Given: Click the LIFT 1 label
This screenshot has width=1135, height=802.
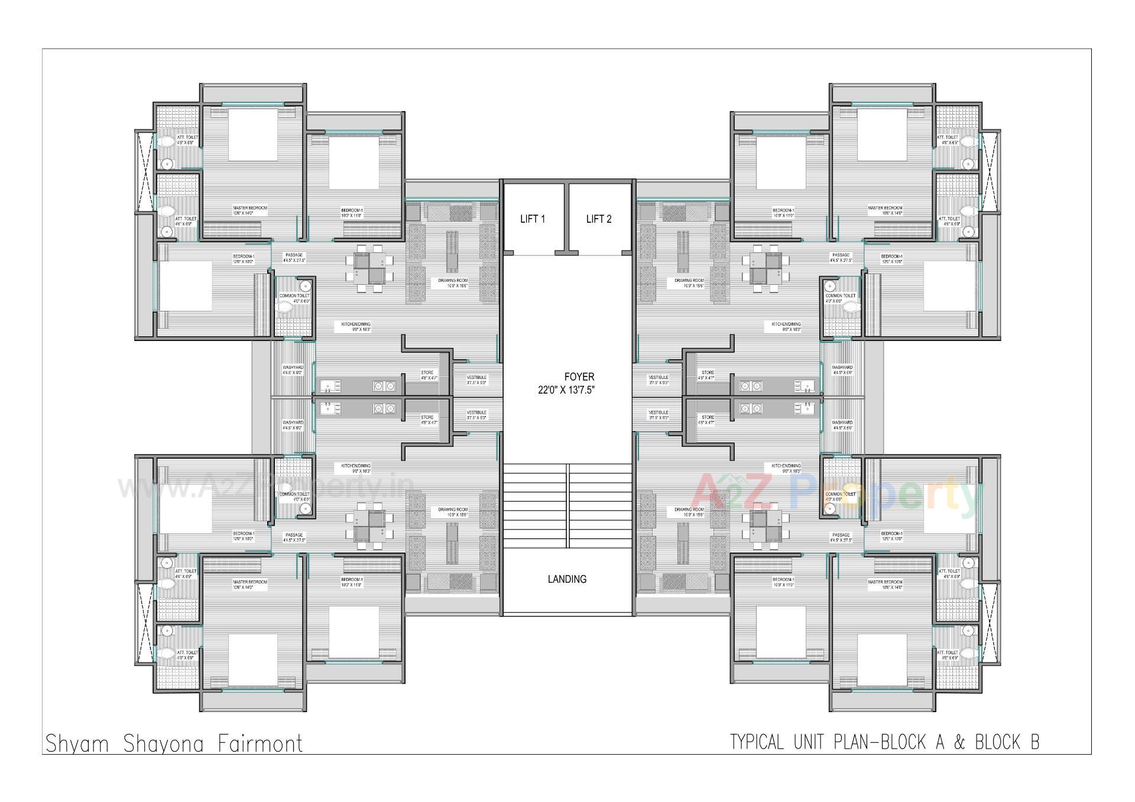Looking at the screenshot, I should (x=532, y=219).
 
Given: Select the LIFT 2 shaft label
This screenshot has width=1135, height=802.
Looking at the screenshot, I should (x=598, y=219).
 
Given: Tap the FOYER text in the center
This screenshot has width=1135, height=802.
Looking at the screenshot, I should (x=579, y=376).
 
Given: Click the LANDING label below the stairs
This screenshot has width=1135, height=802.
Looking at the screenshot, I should (x=567, y=579).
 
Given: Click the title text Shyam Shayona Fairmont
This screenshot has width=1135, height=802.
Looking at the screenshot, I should (x=174, y=743).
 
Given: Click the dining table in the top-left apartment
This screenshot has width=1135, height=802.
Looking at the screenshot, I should (x=370, y=268).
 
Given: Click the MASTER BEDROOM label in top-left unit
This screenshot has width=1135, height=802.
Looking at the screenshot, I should (x=249, y=208).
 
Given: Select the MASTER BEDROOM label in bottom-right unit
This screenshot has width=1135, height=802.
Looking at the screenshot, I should (x=885, y=582).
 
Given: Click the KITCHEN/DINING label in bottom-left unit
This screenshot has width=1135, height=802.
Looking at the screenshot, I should (x=355, y=466).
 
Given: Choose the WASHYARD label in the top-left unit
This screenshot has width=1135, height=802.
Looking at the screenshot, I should (x=293, y=368).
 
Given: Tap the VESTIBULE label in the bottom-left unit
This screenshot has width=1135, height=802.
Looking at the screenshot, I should (x=476, y=413).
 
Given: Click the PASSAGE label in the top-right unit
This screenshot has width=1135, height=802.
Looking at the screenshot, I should (x=840, y=255).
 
